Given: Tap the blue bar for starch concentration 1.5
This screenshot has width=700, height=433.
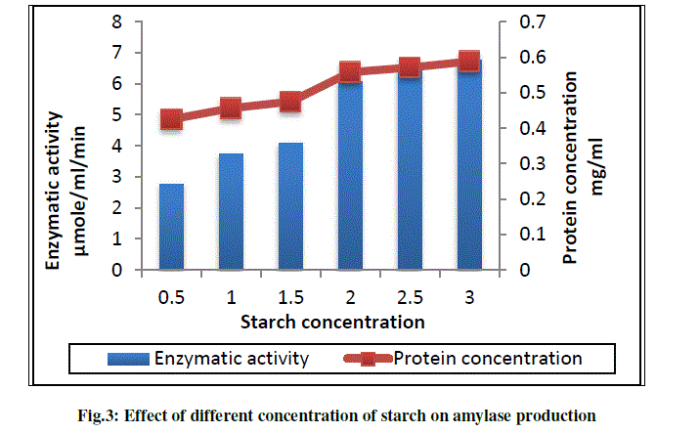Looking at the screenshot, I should (290, 206).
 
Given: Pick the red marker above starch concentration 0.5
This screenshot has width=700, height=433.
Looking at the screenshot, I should (172, 120).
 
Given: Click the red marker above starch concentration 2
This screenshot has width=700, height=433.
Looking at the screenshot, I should (350, 71).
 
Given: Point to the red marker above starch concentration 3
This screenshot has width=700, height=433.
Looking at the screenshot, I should (468, 62).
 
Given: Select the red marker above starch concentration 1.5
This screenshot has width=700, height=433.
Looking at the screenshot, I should (290, 102).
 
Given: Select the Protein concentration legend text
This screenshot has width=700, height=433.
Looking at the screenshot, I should (488, 359).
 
